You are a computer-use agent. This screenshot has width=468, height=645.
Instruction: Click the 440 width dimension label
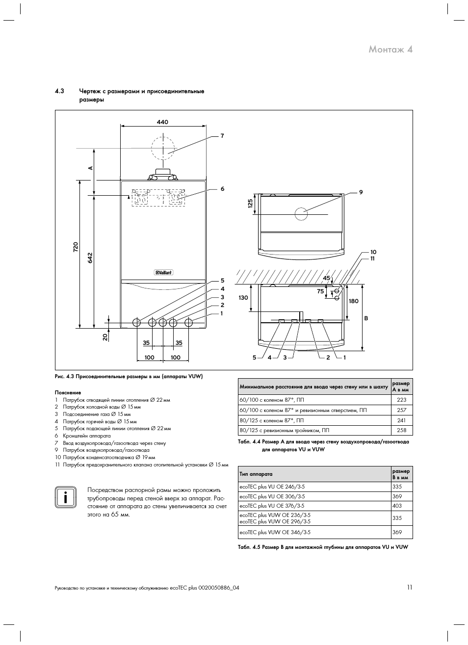pyautogui.click(x=162, y=122)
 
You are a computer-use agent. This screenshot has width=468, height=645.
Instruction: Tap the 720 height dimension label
pyautogui.click(x=76, y=247)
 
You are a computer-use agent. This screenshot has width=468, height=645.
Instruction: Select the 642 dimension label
pyautogui.click(x=90, y=258)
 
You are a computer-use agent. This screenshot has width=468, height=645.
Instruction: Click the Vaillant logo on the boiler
pyautogui.click(x=163, y=272)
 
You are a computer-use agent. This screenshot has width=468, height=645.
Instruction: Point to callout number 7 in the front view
pyautogui.click(x=222, y=136)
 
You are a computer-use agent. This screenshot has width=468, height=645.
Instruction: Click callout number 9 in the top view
pyautogui.click(x=361, y=192)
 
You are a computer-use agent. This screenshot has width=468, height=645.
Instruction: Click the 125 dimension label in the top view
pyautogui.click(x=250, y=203)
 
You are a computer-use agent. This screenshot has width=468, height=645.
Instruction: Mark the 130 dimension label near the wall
pyautogui.click(x=243, y=298)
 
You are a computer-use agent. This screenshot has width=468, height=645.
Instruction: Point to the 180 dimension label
pyautogui.click(x=354, y=301)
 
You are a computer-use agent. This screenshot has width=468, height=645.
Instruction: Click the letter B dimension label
pyautogui.click(x=366, y=318)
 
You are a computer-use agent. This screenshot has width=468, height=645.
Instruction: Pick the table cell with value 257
pyautogui.click(x=402, y=410)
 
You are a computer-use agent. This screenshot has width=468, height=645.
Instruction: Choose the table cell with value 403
pyautogui.click(x=397, y=506)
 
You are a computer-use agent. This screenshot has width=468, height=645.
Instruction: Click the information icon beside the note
pyautogui.click(x=66, y=497)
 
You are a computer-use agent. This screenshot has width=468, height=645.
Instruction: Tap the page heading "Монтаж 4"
pyautogui.click(x=390, y=50)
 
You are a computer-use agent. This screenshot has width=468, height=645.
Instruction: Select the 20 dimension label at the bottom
pyautogui.click(x=105, y=336)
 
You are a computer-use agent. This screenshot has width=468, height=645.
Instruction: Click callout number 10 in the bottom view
pyautogui.click(x=373, y=252)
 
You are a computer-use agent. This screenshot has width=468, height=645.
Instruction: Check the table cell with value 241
pyautogui.click(x=402, y=420)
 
